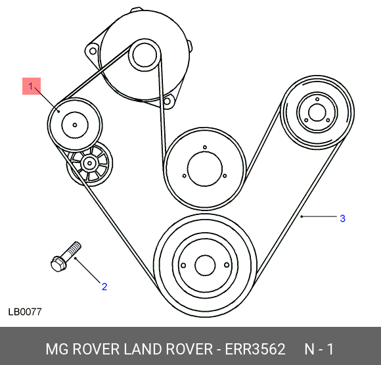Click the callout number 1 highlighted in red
(x=31, y=86)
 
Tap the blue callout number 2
(x=104, y=287)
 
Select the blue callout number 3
(x=343, y=218)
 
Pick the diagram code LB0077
(x=25, y=312)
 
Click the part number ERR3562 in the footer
(x=255, y=349)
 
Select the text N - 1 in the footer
(x=319, y=349)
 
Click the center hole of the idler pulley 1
(x=75, y=125)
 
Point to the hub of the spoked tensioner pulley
(x=89, y=163)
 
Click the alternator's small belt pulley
(x=144, y=55)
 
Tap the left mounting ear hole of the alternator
(x=93, y=51)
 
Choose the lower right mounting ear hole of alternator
(x=167, y=101)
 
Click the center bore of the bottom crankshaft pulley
(x=205, y=266)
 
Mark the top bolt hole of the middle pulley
(x=205, y=147)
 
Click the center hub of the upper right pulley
(x=317, y=112)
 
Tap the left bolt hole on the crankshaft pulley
(x=184, y=265)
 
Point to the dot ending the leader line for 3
(x=302, y=216)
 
